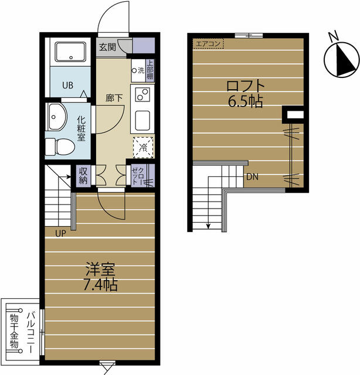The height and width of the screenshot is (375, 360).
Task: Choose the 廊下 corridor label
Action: point(114,98)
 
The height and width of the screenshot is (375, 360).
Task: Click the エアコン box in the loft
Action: point(209,43)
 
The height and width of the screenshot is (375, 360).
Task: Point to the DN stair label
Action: point(252,177)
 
